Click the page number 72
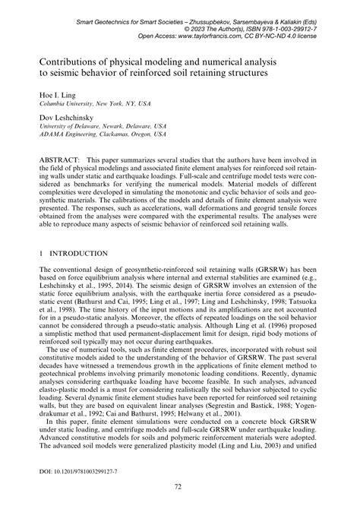coord(180,485)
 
